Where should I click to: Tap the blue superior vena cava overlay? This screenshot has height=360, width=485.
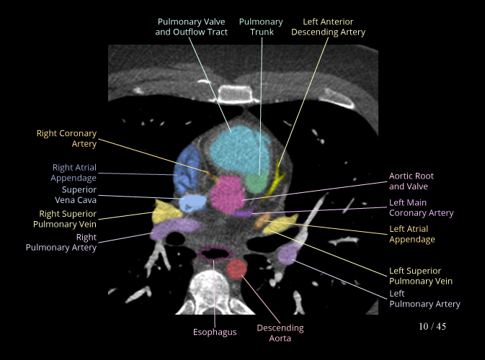click(x=192, y=202)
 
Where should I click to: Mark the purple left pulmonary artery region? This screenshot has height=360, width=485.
click(x=288, y=253)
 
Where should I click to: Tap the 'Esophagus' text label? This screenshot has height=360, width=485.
click(x=215, y=332)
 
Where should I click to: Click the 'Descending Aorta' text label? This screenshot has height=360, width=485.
click(x=280, y=333)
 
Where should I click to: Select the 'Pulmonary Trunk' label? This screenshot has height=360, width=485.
click(x=261, y=27)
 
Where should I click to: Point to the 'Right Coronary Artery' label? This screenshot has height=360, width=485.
click(x=66, y=139)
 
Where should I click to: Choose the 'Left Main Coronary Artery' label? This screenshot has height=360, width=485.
click(x=422, y=208)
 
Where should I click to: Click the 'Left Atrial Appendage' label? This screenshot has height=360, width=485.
click(x=412, y=234)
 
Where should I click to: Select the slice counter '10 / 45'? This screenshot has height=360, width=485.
click(x=432, y=327)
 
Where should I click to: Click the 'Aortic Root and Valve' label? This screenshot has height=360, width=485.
click(x=411, y=181)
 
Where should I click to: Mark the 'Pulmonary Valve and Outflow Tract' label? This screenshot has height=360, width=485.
click(x=192, y=27)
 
